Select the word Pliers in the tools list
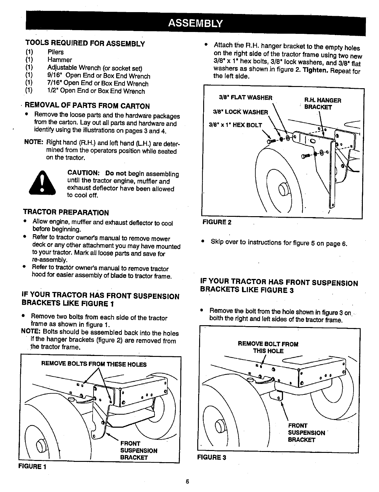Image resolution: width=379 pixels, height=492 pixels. [x=56, y=52]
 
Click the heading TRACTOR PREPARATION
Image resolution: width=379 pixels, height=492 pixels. [x=66, y=213]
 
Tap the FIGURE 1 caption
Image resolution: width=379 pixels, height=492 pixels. [x=32, y=467]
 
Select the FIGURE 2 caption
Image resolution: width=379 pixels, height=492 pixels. [x=217, y=222]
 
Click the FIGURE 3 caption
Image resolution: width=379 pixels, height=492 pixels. [x=212, y=457]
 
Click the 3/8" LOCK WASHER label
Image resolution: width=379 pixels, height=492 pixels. [x=240, y=112]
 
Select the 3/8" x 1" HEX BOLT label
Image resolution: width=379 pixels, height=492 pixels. [x=235, y=125]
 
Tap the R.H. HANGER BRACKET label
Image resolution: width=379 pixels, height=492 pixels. [x=322, y=104]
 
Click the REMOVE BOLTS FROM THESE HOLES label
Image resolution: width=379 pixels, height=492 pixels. [x=94, y=364]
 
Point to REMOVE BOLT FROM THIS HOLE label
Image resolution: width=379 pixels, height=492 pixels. [x=268, y=348]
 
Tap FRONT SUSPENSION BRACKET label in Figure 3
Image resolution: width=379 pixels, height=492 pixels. [x=306, y=433]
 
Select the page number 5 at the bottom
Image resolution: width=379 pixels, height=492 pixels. [x=187, y=482]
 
